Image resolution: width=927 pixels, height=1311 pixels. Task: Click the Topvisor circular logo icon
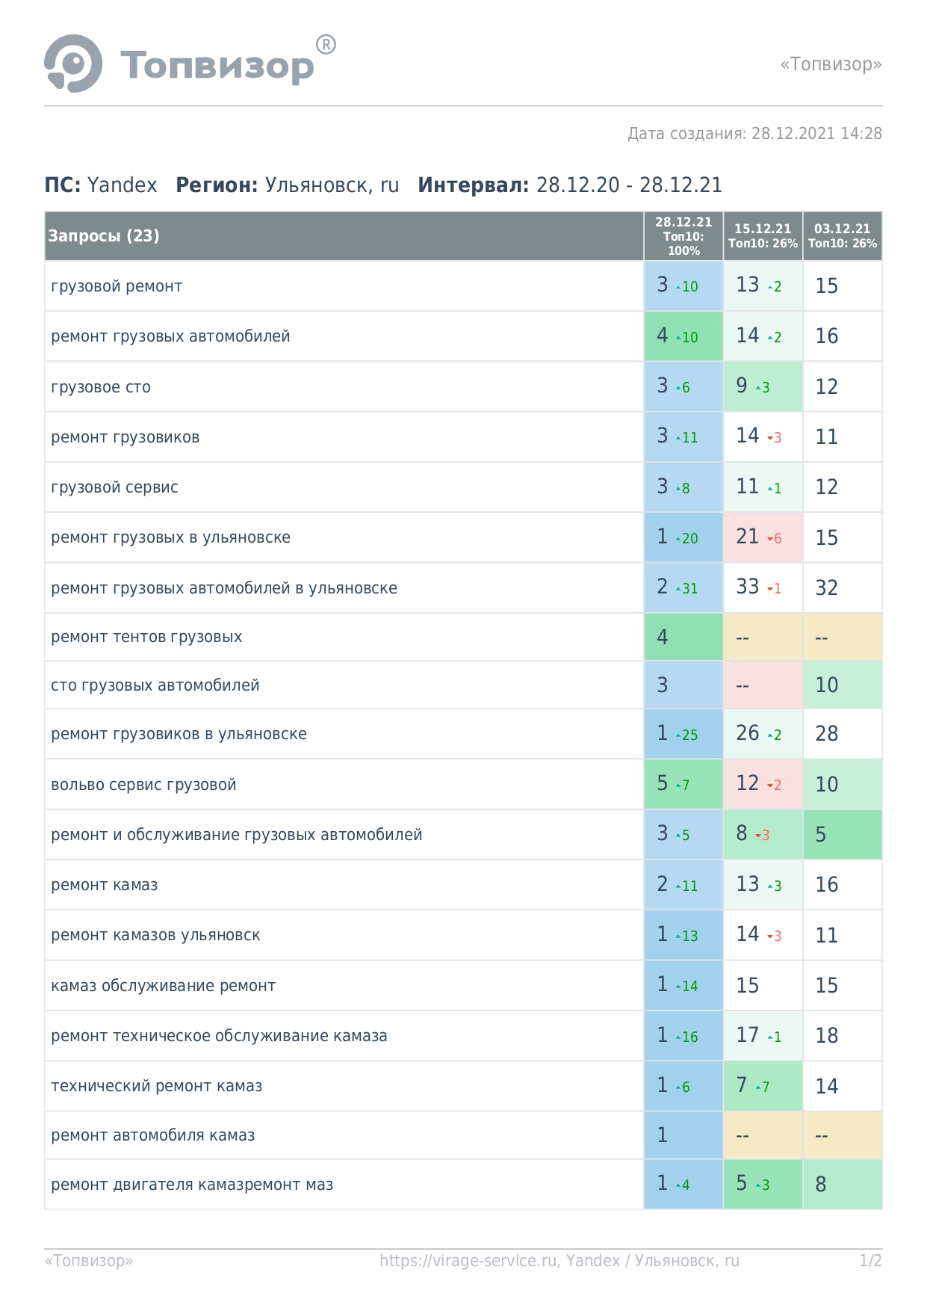(x=73, y=64)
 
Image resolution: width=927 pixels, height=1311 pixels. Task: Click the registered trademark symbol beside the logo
(x=326, y=45)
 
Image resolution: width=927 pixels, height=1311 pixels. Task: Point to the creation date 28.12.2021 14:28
(x=816, y=134)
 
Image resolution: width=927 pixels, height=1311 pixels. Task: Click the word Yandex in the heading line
(x=123, y=185)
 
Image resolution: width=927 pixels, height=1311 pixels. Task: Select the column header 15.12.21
(x=763, y=229)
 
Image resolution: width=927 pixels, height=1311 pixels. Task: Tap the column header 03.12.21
(x=842, y=229)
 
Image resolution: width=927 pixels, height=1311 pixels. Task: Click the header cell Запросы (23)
(x=104, y=236)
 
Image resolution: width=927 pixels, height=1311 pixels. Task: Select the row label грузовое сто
(x=101, y=387)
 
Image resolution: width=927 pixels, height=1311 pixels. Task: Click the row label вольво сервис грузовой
(x=143, y=785)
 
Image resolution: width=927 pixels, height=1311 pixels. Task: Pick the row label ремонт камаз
(x=105, y=885)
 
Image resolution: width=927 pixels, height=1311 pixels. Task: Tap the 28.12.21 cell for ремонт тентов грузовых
(x=683, y=637)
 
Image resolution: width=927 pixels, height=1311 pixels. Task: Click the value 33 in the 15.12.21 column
(x=748, y=587)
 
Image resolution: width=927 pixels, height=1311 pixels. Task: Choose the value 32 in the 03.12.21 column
(x=827, y=587)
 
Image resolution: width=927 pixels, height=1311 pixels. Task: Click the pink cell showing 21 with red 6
(x=763, y=537)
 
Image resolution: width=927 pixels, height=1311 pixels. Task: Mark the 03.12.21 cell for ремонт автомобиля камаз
(x=843, y=1135)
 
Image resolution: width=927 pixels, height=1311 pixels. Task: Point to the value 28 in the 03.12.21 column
(x=827, y=733)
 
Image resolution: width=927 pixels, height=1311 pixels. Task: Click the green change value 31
(x=689, y=589)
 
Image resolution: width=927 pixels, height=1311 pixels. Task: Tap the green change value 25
(x=689, y=735)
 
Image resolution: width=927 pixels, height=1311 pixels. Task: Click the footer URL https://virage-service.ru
(x=468, y=1261)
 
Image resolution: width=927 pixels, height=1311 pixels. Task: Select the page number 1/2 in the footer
(x=870, y=1261)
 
